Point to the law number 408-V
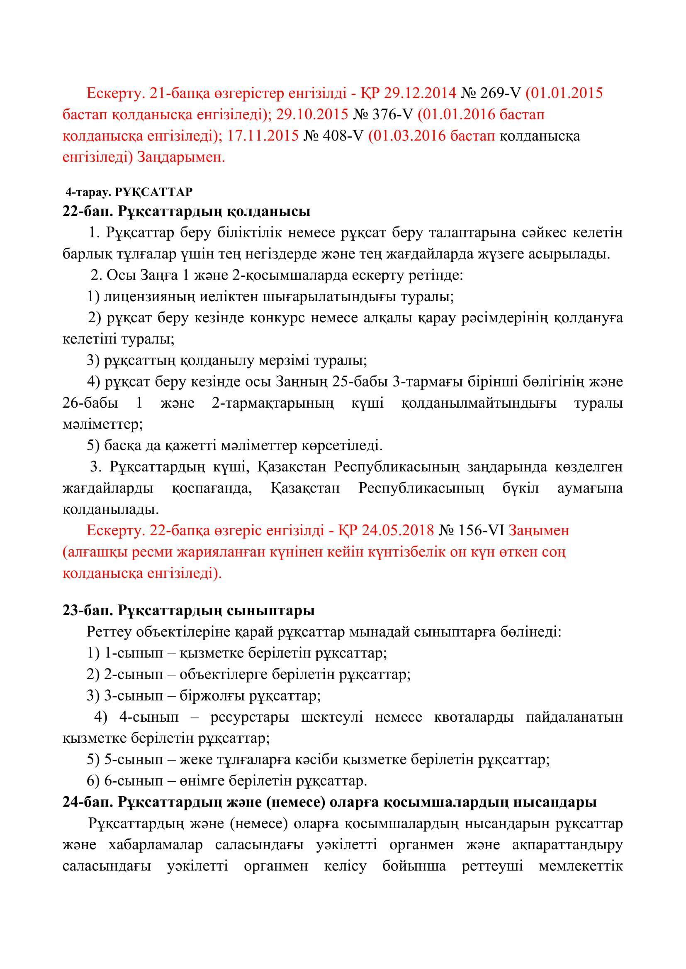[x=343, y=136]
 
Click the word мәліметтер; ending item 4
[x=102, y=424]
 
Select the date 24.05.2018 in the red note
[x=397, y=531]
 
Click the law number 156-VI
[x=482, y=531]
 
